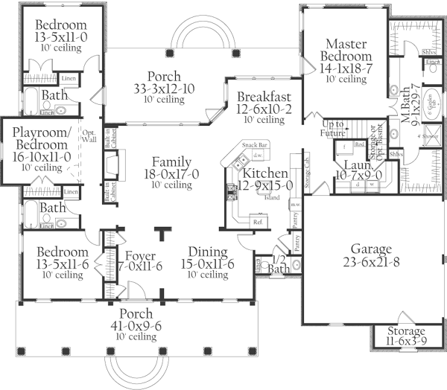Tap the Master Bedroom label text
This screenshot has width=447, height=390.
click(346, 49)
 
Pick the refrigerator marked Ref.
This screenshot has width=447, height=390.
click(259, 221)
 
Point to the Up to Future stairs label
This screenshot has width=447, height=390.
click(336, 128)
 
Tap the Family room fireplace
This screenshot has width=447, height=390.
click(111, 172)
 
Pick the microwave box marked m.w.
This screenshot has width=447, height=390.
click(295, 205)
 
